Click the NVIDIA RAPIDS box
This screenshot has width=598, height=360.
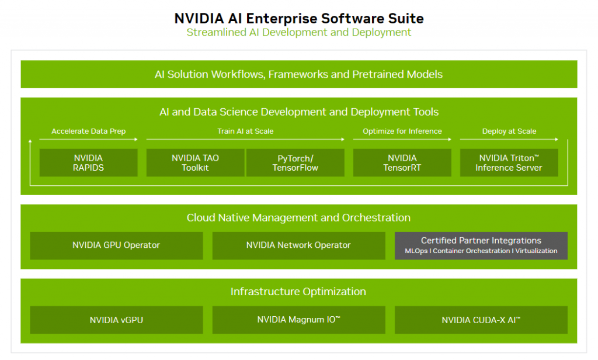tap(88, 162)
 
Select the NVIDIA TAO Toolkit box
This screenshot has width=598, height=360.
tap(195, 162)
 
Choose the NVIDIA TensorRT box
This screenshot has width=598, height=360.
tap(402, 162)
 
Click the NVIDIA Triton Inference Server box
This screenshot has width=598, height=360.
tap(509, 162)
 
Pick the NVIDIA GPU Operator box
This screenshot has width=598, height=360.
tap(116, 245)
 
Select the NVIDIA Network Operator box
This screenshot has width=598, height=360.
tap(298, 245)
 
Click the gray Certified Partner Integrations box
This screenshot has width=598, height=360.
tap(481, 245)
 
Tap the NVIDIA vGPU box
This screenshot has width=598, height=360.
tap(116, 320)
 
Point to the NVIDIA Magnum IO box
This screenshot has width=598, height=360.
tap(298, 320)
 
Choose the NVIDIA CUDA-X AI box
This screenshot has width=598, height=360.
tap(481, 320)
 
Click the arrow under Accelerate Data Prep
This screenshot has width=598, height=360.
tap(88, 139)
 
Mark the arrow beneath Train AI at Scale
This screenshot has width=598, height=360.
tap(245, 139)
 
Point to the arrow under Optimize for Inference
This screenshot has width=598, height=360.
tap(402, 139)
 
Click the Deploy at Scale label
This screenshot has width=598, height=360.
tap(509, 131)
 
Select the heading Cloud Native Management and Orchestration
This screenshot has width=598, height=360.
tap(298, 217)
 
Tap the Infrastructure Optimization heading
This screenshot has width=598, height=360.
tap(298, 292)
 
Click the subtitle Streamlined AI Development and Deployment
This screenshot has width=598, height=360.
tap(298, 32)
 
